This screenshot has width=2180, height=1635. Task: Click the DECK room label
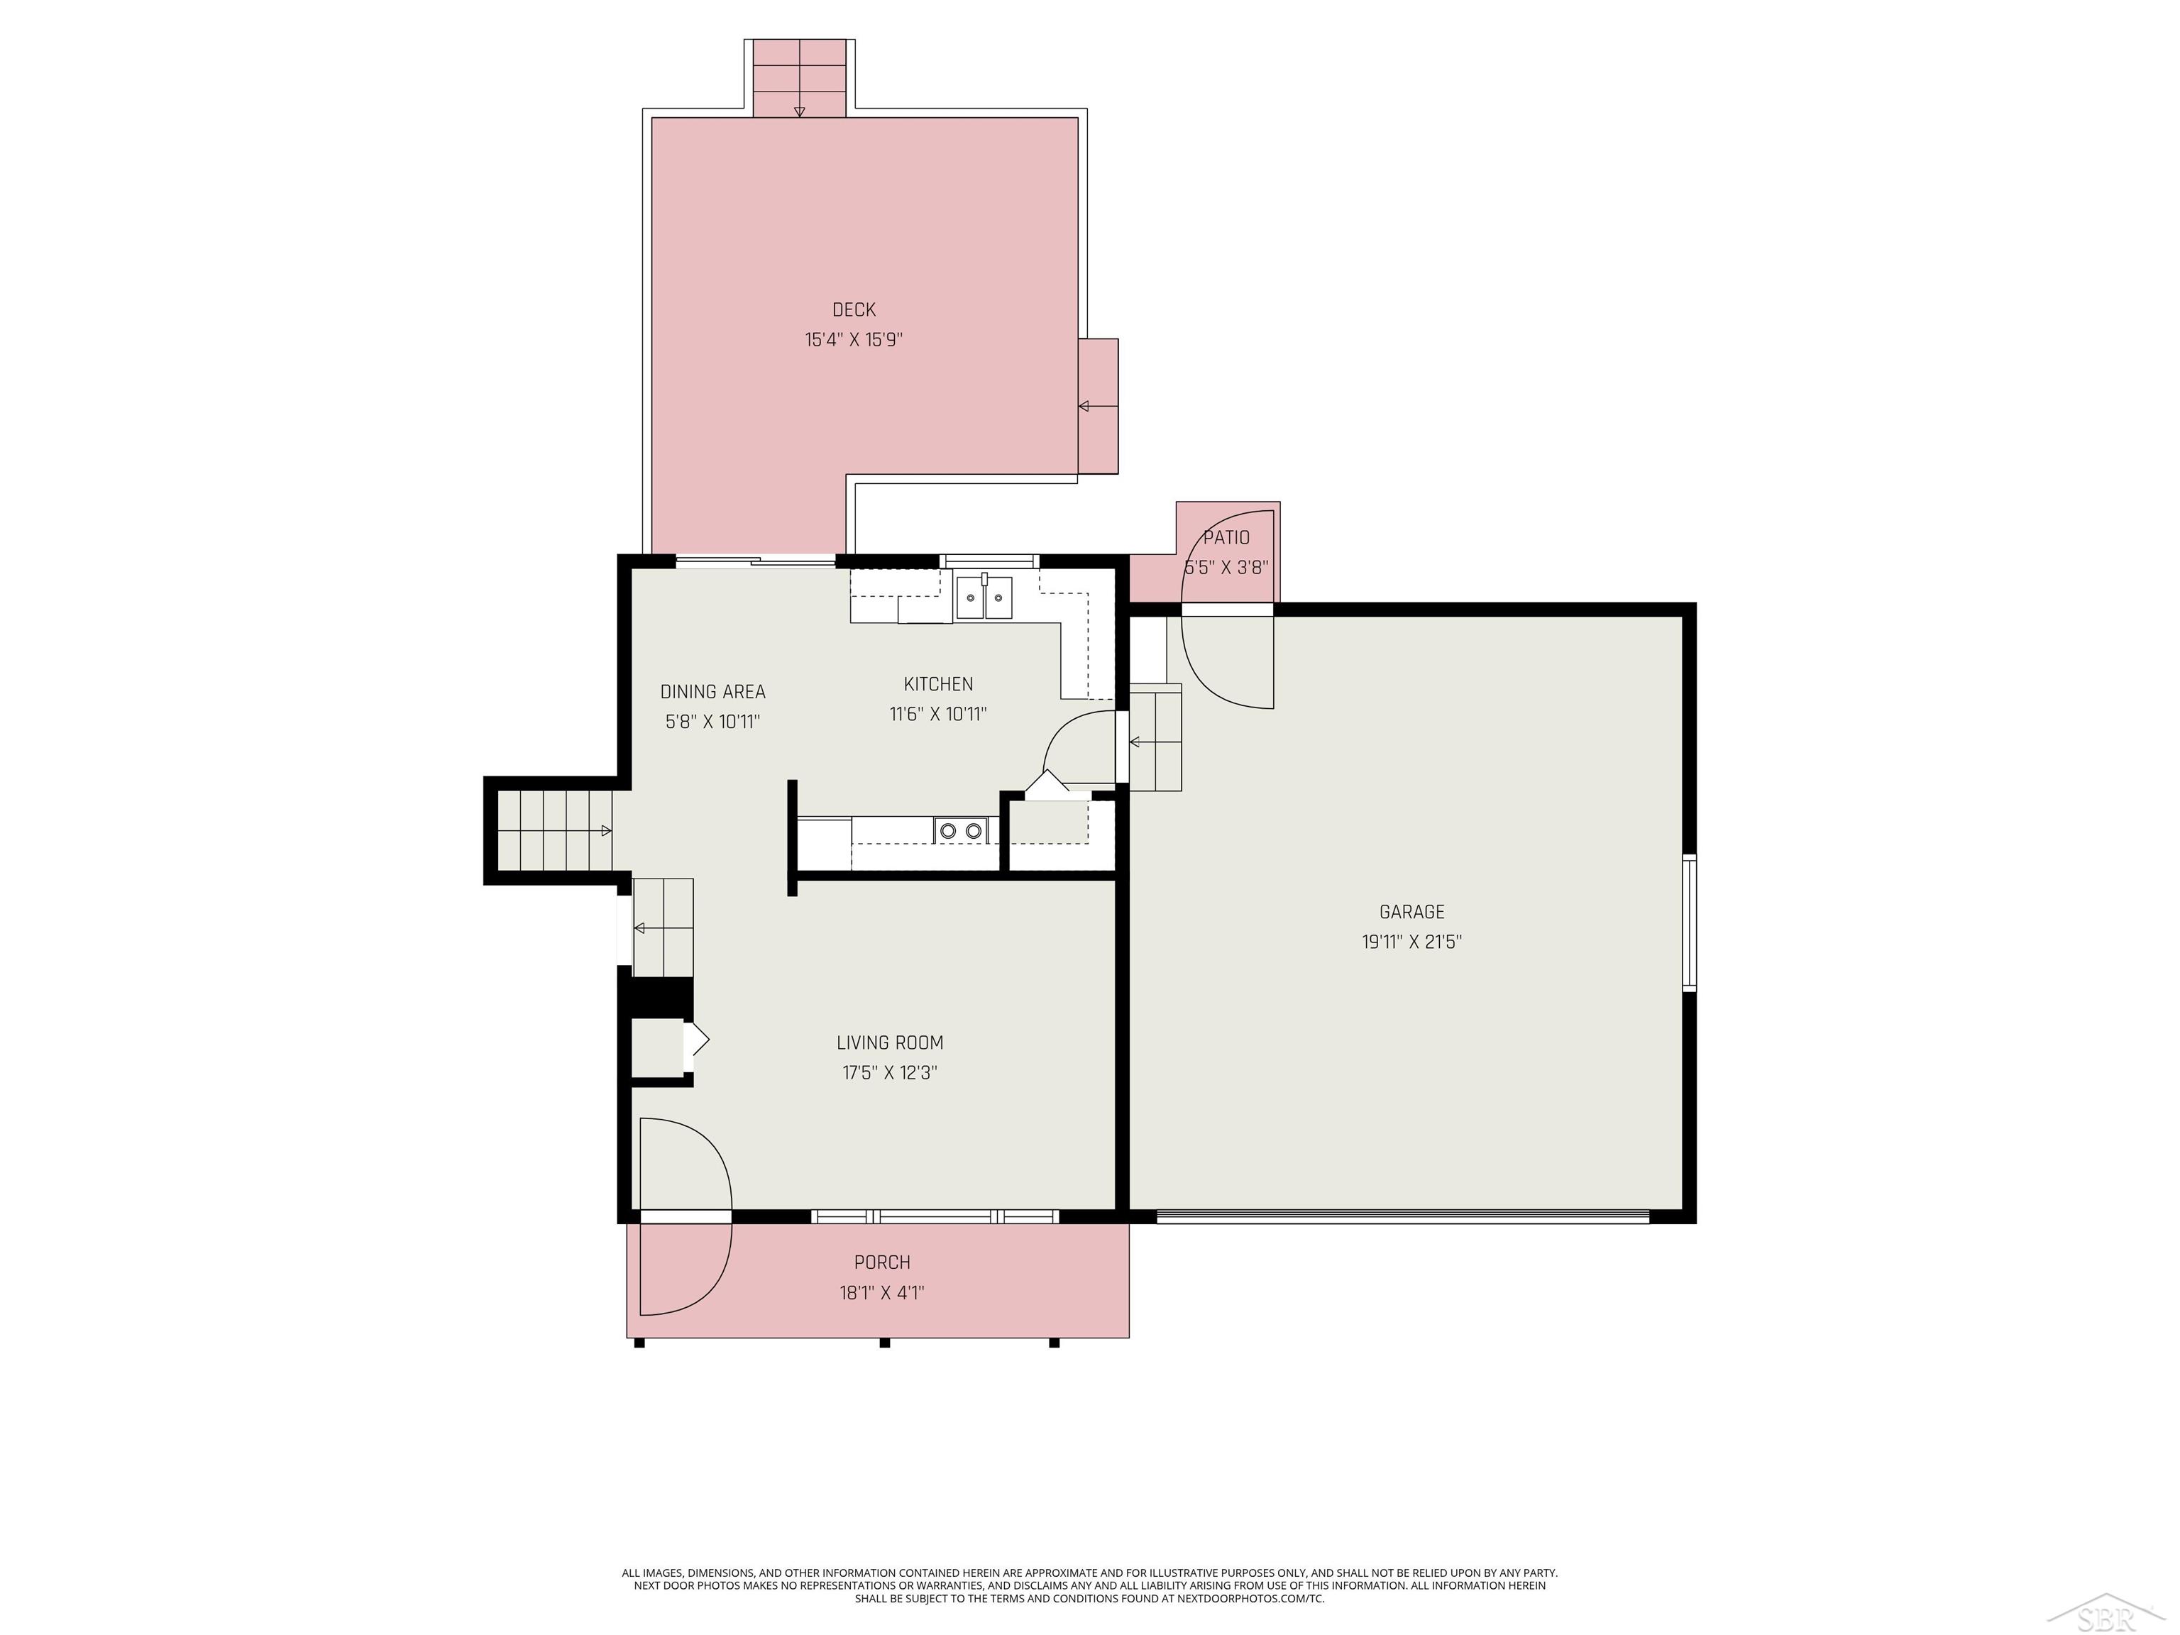point(854,309)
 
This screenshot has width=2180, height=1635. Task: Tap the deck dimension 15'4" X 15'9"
point(854,340)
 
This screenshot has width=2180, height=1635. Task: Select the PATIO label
point(1226,537)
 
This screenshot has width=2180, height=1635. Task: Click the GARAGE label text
point(1411,912)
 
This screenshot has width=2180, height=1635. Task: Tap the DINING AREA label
point(712,692)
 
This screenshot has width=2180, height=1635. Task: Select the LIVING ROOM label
point(890,1042)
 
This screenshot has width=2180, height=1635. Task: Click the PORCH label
point(882,1262)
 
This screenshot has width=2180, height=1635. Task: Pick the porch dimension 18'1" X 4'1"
point(882,1293)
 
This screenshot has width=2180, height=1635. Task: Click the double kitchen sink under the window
point(984,598)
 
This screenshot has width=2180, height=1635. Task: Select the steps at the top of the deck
point(799,79)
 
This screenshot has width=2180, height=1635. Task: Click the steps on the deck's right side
point(1098,406)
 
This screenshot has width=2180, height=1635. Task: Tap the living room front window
point(935,1216)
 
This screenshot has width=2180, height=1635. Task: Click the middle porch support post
point(884,1343)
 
